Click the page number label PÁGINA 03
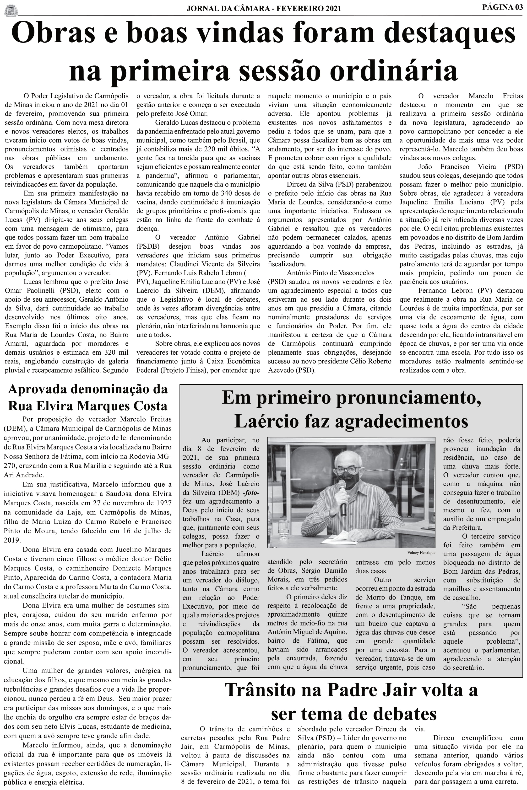pyautogui.click(x=502, y=7)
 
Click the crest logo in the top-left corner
pyautogui.click(x=11, y=10)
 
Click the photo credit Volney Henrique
pyautogui.click(x=421, y=553)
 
